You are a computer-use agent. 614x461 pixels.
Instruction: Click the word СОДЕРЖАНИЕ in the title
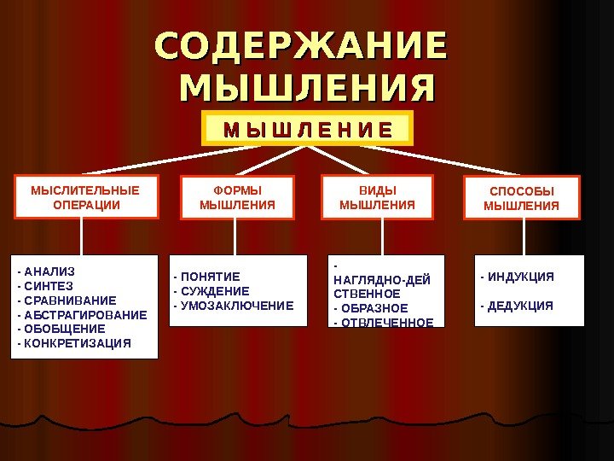point(301,48)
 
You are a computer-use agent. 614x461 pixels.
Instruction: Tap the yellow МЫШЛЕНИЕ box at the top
point(308,129)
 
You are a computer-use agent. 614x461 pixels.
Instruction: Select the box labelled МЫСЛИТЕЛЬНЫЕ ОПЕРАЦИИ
point(84,197)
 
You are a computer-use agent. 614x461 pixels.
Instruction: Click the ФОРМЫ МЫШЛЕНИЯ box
point(237,197)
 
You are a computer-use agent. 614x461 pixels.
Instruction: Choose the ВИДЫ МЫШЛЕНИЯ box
point(377,197)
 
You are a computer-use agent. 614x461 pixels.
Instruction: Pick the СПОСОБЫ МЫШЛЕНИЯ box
point(521,198)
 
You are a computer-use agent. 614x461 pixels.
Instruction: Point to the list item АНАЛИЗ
point(48,272)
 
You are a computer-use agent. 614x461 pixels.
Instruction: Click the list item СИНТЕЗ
point(47,286)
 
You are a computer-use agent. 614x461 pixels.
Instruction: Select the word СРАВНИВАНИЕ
point(68,301)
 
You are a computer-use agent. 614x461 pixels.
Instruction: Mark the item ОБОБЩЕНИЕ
point(63,329)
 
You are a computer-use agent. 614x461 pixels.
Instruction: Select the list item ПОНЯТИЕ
point(209,277)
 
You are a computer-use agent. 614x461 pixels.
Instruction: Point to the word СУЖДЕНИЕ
point(213,291)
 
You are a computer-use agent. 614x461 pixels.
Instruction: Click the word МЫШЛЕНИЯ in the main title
point(307,87)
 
